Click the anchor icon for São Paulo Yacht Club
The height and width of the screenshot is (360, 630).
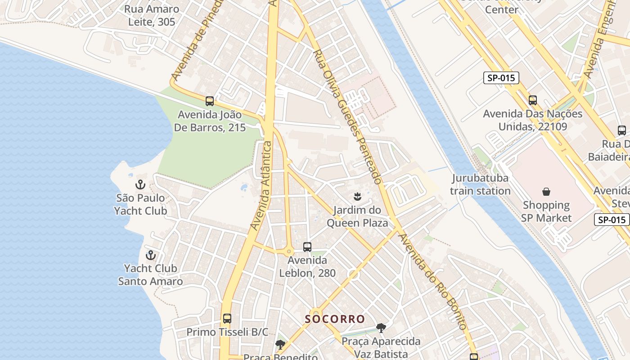coord(140,184)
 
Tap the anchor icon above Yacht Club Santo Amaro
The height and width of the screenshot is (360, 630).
coord(151,255)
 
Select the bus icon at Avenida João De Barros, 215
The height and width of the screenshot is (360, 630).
coord(210,101)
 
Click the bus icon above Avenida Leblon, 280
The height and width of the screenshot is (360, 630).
coord(307,247)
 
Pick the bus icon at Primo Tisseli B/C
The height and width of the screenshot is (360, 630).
coord(227,319)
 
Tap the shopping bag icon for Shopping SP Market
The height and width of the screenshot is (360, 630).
coord(546,192)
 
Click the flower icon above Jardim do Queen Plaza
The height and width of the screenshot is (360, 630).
coord(357,196)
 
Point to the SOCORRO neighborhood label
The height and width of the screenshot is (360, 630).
coord(335,319)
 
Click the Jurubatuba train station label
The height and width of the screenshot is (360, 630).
coord(480,184)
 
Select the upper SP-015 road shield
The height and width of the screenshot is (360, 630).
coord(501,78)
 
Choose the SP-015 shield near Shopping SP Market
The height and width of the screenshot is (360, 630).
coord(612,220)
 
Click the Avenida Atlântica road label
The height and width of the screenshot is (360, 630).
coord(262,185)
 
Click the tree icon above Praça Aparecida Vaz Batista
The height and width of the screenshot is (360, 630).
coord(381,328)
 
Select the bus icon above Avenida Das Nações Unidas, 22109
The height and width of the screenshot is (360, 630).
coord(533,100)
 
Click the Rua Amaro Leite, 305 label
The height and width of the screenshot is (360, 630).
coord(152,15)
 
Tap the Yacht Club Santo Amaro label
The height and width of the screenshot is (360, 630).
coord(150,275)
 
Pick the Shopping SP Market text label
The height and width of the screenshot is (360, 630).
coord(546,211)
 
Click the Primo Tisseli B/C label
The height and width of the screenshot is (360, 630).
coord(227,332)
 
